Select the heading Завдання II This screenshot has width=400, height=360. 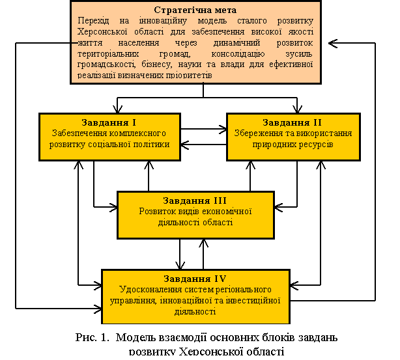[x=293, y=122]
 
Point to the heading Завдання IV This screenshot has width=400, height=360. [x=195, y=279]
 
